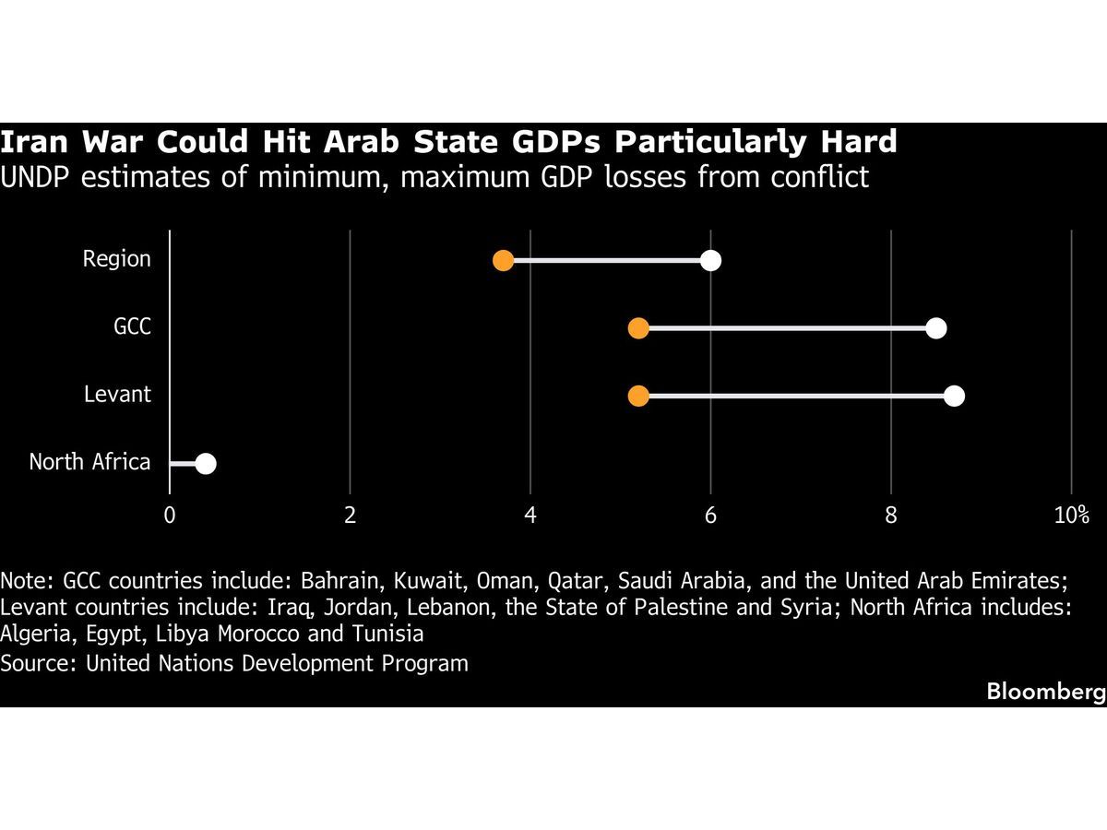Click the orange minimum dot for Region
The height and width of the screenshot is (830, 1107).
[503, 260]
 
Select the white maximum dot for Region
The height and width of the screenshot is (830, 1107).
[710, 260]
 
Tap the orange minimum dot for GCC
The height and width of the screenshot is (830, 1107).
[637, 328]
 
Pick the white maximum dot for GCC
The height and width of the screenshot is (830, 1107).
[936, 328]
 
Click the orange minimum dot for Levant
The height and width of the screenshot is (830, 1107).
[637, 396]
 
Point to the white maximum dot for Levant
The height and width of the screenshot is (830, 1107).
[954, 396]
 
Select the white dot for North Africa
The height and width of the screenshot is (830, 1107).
[206, 463]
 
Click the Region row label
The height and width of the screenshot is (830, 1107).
[116, 259]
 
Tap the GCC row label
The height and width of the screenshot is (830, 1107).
[132, 327]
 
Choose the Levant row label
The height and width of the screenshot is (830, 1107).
[117, 395]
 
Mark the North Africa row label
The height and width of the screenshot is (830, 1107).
[89, 462]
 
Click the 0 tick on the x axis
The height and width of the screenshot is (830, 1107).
[170, 516]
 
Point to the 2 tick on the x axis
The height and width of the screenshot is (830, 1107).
[350, 516]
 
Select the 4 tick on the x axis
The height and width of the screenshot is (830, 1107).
[530, 516]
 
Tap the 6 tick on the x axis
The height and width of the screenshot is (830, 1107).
[710, 516]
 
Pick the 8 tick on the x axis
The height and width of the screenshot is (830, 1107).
[891, 516]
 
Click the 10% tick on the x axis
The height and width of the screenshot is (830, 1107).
[1071, 516]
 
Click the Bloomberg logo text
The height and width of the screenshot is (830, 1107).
[1045, 692]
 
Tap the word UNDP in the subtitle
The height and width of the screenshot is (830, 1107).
[36, 175]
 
